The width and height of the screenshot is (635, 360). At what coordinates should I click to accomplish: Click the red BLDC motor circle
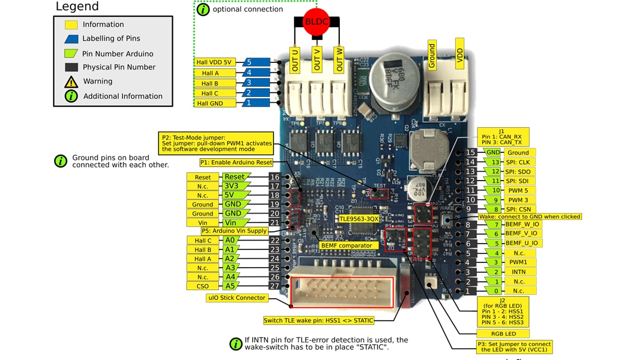coord(316,22)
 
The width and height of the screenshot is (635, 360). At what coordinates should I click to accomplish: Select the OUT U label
coord(295,59)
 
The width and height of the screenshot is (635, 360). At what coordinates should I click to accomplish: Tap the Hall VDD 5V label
coord(215,62)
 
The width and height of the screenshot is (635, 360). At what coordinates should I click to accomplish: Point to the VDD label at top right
coord(460,54)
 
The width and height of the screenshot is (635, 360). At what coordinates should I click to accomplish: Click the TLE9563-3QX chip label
coord(359,218)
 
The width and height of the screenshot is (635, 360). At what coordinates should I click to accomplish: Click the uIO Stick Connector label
coord(237,298)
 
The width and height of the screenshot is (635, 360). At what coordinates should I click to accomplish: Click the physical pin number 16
coord(275,177)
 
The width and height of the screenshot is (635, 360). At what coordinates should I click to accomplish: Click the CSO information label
coord(202,286)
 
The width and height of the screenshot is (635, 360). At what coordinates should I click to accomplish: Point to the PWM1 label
coord(517,262)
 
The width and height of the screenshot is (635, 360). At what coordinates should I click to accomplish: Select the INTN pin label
coord(518,272)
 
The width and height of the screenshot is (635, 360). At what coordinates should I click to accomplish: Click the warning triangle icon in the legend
coord(71,82)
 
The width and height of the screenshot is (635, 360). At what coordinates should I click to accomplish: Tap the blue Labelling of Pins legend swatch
coord(71,39)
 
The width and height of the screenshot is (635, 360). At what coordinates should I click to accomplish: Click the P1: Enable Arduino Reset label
coord(236,162)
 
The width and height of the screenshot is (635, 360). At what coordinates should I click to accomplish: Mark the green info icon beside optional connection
coord(203,9)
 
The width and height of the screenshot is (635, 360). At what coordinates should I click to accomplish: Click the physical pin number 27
coord(275,286)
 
